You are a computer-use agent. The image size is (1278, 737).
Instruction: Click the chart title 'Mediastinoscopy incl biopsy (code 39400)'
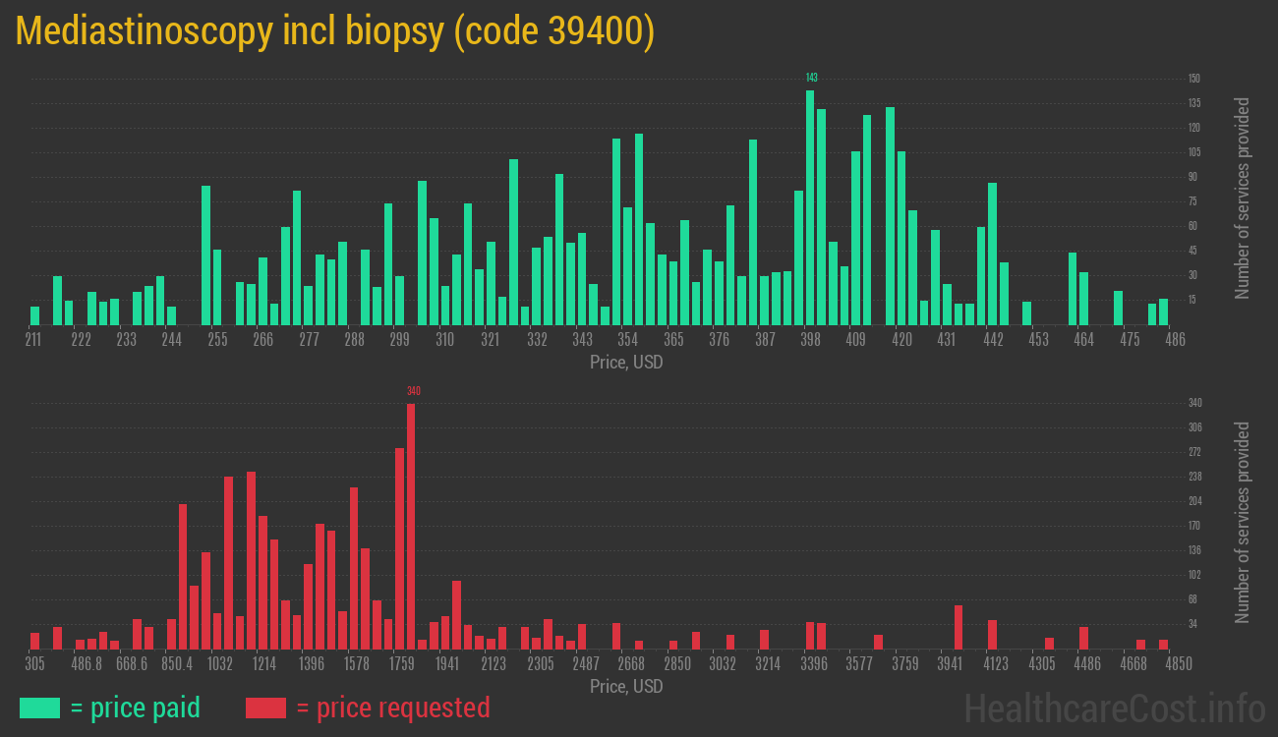pos(335,32)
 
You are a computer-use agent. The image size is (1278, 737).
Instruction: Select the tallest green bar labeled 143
pos(810,206)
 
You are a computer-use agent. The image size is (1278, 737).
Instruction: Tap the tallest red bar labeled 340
pos(411,526)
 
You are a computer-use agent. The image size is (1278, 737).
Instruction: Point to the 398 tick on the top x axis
pos(810,340)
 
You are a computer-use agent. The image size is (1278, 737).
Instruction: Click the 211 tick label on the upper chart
pos(34,340)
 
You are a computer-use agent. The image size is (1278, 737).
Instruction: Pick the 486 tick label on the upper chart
pos(1174,340)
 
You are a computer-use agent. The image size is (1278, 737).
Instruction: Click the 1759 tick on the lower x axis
pos(401,664)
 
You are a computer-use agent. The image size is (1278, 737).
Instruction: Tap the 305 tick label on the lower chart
pos(34,664)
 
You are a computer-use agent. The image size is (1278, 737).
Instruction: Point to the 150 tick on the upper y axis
pos(1193,79)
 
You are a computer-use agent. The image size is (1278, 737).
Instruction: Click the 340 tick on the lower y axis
pos(1194,403)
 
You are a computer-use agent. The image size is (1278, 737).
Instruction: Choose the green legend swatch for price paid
pos(39,708)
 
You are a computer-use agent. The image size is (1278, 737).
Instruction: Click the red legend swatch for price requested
pos(265,708)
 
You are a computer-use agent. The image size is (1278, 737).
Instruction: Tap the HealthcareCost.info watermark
pos(1113,708)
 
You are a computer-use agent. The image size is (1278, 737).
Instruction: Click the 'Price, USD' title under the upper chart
pos(626,363)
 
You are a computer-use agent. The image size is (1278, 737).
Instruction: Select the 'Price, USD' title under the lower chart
pos(626,686)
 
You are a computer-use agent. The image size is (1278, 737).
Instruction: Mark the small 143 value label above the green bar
pos(811,78)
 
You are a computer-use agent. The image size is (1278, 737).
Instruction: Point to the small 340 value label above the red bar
pos(414,391)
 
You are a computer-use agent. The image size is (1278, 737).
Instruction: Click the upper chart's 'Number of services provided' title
pos(1243,198)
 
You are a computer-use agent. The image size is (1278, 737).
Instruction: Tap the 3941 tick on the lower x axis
pos(949,664)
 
